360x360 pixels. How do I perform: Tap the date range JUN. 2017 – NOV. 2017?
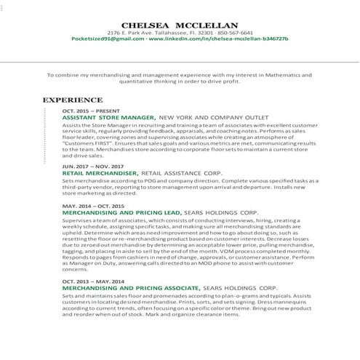click(x=93, y=167)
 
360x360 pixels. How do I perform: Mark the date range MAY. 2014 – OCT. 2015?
click(x=95, y=207)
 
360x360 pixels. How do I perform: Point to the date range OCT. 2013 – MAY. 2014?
click(x=95, y=281)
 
